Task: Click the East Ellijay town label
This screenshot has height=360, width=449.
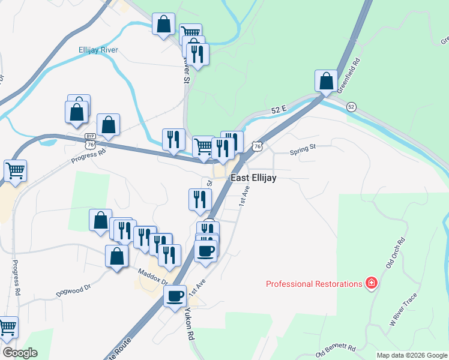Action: [x=253, y=178]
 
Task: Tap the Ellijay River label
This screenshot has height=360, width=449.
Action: [x=98, y=50]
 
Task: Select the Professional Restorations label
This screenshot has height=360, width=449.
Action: [x=314, y=284]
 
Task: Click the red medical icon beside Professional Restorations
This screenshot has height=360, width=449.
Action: [x=372, y=283]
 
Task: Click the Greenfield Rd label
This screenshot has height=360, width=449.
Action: [x=348, y=74]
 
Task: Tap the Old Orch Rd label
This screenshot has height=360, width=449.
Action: [x=396, y=251]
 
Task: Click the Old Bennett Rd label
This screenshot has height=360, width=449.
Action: [x=336, y=347]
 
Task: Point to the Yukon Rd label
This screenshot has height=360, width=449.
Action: [x=190, y=324]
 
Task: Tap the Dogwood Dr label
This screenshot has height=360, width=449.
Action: [x=73, y=288]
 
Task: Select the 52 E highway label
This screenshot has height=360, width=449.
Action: [x=280, y=110]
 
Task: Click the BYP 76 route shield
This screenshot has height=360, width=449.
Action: [x=90, y=142]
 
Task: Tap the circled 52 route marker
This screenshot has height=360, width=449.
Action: [x=352, y=107]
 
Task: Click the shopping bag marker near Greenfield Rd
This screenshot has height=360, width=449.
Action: [x=325, y=80]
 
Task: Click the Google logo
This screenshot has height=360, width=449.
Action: [x=19, y=353]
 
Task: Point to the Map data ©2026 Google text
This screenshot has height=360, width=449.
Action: [x=411, y=355]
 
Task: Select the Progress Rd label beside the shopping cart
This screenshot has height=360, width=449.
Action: [x=88, y=155]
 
